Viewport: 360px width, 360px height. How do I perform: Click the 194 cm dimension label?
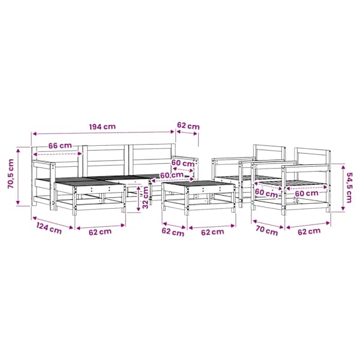(103, 127)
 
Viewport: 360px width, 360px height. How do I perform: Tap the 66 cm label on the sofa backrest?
(60, 146)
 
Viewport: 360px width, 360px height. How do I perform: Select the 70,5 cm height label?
(11, 173)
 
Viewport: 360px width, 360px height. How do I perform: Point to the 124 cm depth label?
(49, 229)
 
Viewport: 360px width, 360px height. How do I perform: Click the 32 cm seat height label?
(145, 197)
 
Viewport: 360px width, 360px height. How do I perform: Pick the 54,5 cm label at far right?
(349, 188)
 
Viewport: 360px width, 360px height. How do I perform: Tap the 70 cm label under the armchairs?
(267, 231)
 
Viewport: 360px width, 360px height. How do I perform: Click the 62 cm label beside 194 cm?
(188, 126)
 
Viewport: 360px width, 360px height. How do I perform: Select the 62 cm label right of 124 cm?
(100, 232)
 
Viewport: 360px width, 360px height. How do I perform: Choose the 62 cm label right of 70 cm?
(309, 232)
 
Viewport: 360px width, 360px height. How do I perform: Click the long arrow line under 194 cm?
(103, 133)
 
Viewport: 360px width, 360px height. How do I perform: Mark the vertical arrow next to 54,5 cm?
(343, 187)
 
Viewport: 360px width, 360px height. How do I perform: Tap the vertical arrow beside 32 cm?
(138, 199)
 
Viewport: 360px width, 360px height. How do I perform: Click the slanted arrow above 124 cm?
(53, 223)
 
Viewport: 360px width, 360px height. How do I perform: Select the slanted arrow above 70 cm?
(268, 224)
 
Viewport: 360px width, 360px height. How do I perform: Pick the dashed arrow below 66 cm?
(58, 154)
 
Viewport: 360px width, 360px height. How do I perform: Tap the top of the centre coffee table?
(199, 183)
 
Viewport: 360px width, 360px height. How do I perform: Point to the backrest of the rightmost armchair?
(313, 157)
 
